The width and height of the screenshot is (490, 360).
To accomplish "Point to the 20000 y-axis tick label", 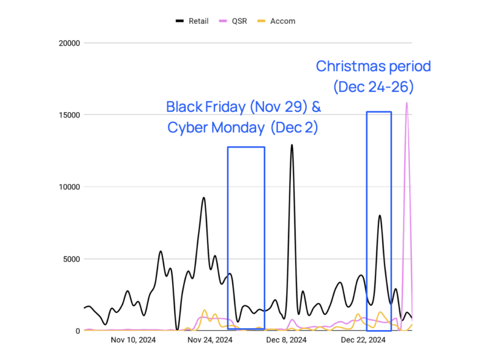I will click(x=69, y=43).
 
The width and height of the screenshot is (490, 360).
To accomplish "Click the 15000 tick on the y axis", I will click(x=69, y=115).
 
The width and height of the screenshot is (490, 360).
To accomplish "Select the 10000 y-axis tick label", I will click(x=69, y=187).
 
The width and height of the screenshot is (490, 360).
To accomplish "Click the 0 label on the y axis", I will click(x=77, y=331).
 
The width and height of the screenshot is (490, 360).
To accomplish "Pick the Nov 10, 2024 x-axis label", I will click(x=133, y=340).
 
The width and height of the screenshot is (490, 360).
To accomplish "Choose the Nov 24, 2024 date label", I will click(x=210, y=340).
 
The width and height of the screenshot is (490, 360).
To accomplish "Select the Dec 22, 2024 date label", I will click(x=363, y=340).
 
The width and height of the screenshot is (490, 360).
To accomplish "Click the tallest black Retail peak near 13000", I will click(x=292, y=145).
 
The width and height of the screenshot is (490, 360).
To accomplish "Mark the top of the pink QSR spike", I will click(x=406, y=103).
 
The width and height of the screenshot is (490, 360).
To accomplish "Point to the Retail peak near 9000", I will click(x=203, y=198).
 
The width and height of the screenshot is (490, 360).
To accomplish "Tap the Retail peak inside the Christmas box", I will click(x=380, y=216).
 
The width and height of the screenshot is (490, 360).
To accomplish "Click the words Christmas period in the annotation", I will click(x=374, y=66).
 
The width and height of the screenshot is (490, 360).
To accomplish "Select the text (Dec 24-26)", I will click(x=374, y=87).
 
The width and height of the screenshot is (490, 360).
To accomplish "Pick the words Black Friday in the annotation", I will click(x=206, y=107).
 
